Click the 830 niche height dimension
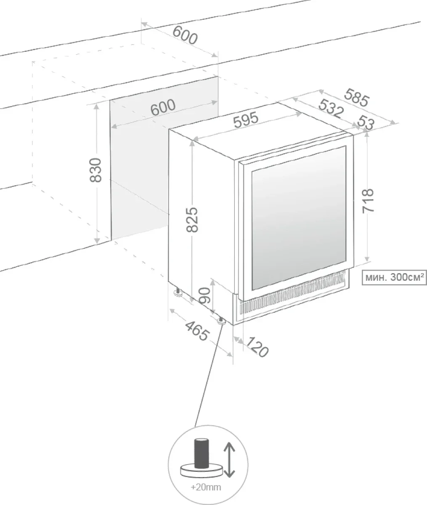95,170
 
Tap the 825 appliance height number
192,219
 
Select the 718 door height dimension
368,201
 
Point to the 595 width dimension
246,120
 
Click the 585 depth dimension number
356,98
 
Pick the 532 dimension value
332,109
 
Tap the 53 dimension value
366,122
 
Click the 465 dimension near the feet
197,331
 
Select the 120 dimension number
257,347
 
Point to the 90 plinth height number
205,295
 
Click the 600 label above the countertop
185,35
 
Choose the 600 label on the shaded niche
163,107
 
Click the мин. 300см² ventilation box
394,277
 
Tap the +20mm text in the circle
206,487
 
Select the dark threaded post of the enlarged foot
201,454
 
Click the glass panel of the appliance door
299,218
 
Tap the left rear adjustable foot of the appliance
178,292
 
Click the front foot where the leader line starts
222,320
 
